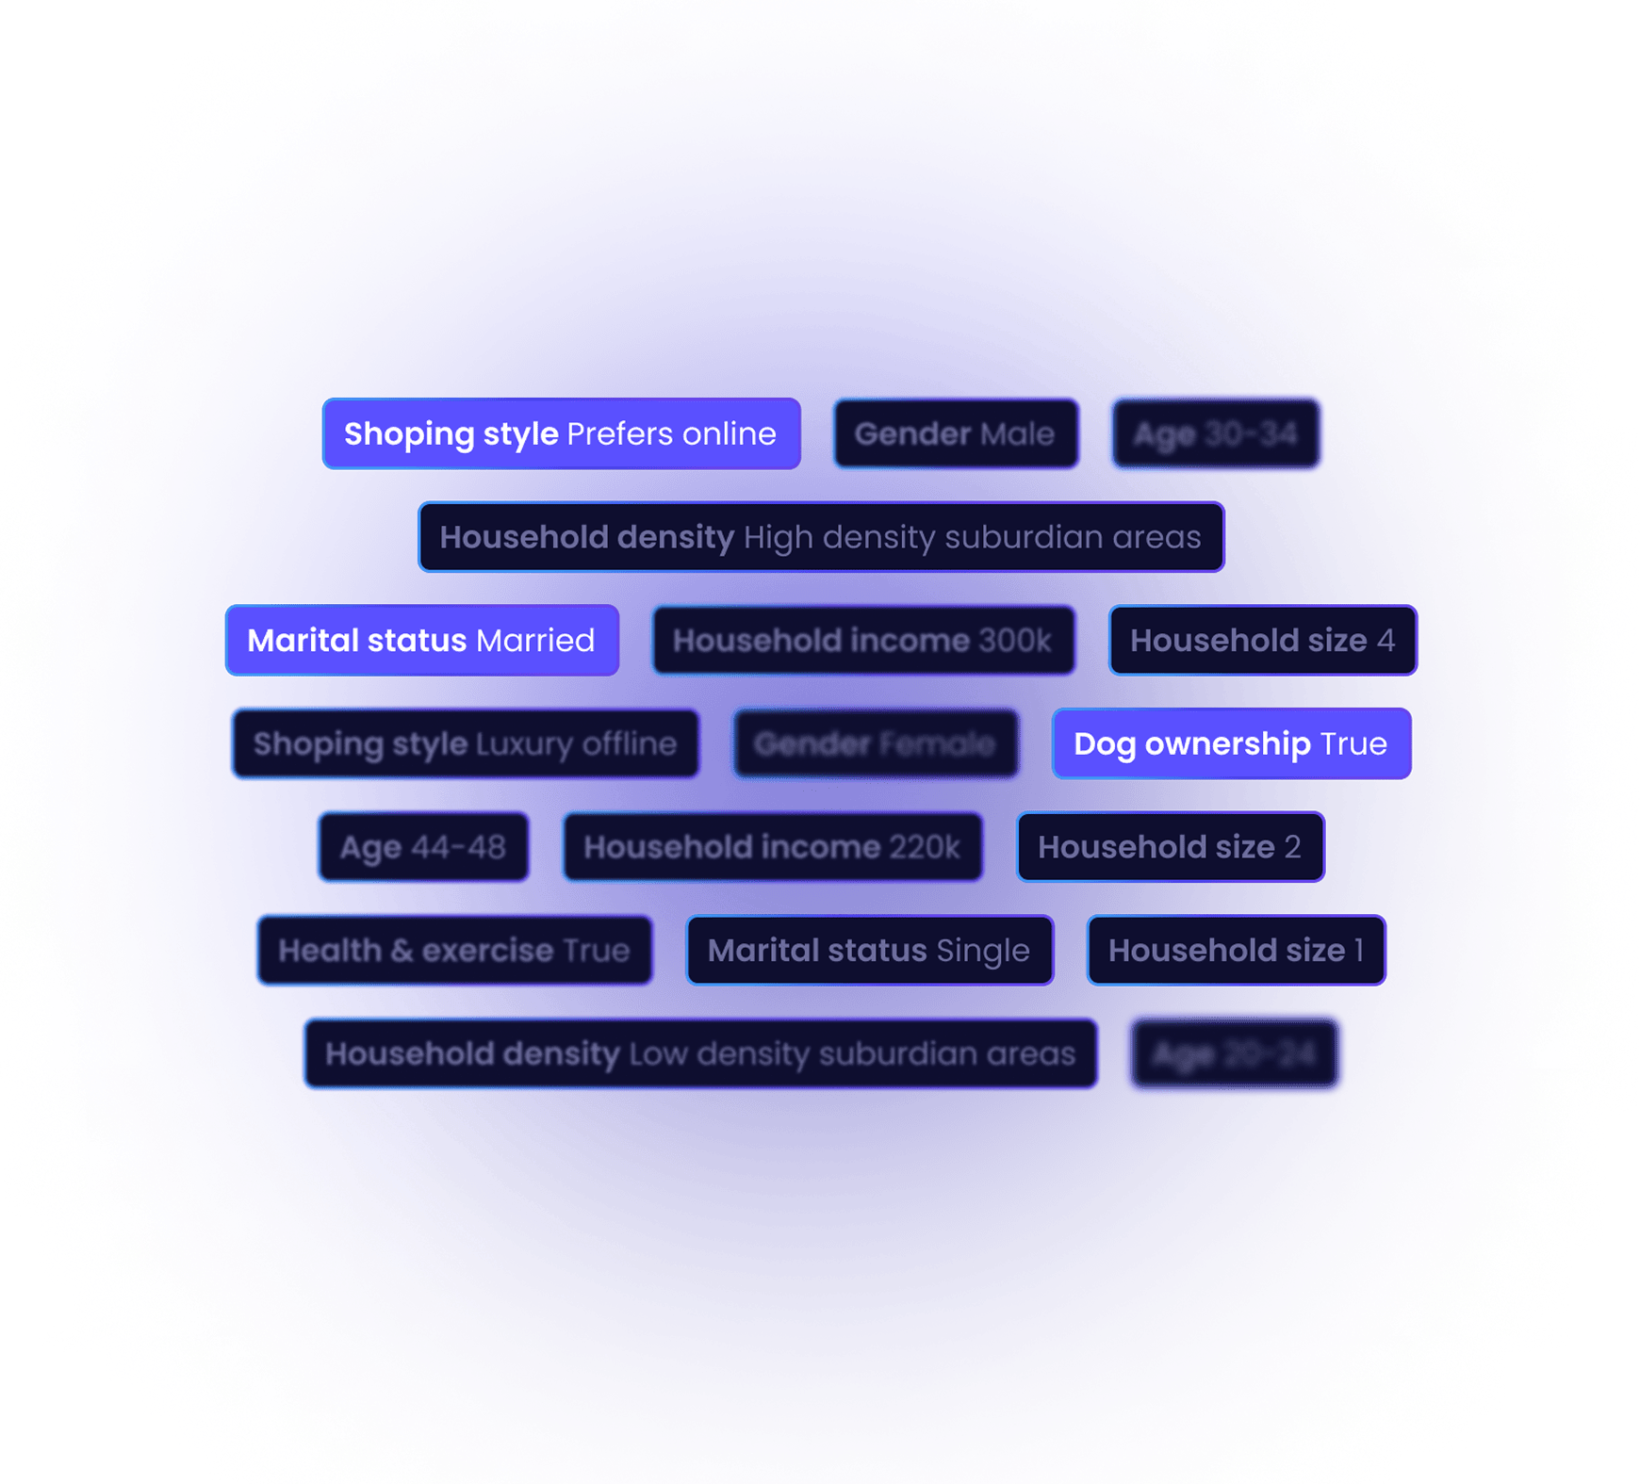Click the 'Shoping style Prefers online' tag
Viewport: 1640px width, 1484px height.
561,434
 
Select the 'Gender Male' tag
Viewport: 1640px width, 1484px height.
955,434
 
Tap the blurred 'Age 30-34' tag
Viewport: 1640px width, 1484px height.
1216,434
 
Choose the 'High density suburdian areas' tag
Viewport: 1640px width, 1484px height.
820,537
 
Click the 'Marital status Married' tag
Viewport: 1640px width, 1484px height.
421,641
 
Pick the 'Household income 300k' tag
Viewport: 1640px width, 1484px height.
862,641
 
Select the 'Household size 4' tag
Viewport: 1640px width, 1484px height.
1262,641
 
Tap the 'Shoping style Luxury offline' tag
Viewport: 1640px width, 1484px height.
465,744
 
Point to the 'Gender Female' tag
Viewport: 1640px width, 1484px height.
875,744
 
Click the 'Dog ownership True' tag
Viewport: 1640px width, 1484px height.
1230,744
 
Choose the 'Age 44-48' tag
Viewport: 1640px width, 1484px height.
423,847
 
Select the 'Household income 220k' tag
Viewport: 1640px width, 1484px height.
772,847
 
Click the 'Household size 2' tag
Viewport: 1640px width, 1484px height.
1170,847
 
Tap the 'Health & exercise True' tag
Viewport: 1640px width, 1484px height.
454,951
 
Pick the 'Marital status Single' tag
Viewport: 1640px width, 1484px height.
869,951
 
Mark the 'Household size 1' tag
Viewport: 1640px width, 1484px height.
1236,951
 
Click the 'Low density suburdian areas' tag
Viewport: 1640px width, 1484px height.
700,1053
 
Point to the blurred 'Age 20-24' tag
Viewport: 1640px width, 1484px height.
1234,1053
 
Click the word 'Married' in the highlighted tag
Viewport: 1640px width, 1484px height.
535,641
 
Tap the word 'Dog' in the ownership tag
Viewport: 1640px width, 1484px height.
1105,744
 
